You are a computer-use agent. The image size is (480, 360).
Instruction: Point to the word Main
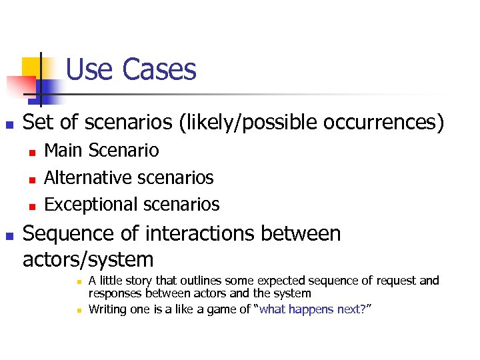click(63, 151)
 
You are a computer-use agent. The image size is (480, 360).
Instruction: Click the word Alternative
click(87, 177)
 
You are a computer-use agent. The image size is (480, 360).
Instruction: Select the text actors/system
click(88, 259)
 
